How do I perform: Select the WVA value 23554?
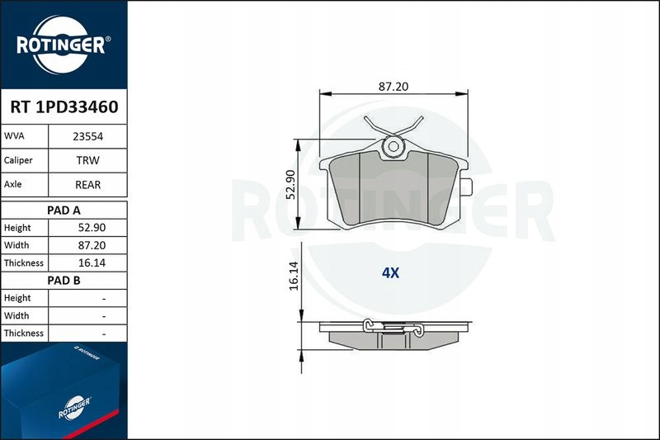click(x=88, y=136)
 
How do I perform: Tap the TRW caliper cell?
click(x=88, y=160)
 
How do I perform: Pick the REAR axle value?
click(x=88, y=185)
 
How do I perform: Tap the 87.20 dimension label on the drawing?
click(x=393, y=86)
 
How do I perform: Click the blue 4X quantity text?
click(x=390, y=273)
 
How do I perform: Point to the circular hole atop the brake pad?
click(x=394, y=149)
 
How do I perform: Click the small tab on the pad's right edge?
click(x=466, y=188)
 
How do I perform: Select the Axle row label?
click(x=14, y=185)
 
